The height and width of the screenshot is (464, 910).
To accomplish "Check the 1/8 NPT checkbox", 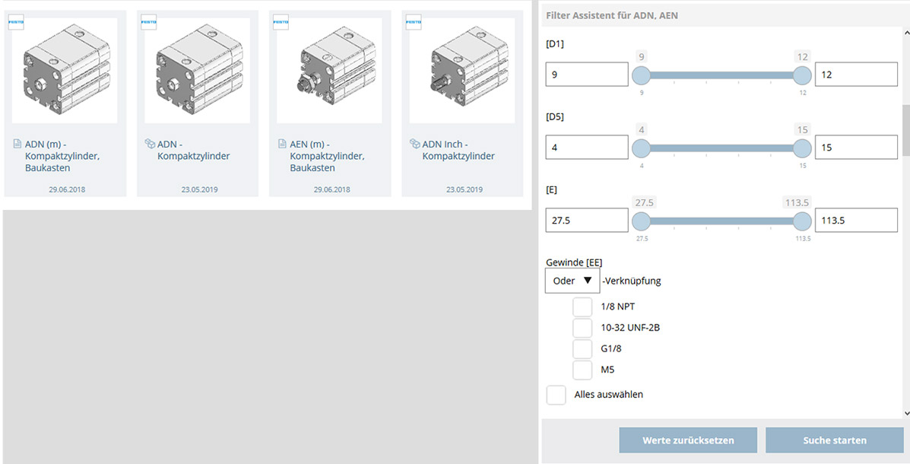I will pos(582,307).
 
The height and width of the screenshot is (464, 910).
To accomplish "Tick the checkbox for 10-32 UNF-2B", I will pos(582,328).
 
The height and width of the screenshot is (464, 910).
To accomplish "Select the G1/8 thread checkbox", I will pos(582,349).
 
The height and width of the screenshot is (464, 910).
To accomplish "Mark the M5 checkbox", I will pos(582,370).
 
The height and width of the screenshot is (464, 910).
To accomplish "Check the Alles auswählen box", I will pos(556,395).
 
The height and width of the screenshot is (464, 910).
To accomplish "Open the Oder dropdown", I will pos(572,281).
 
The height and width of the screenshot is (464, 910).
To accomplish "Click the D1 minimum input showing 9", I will pos(587,75).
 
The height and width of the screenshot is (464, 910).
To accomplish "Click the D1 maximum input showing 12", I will pos(856,75).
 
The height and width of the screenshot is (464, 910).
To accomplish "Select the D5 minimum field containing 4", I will pos(587,148).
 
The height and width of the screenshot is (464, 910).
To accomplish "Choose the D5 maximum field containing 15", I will pos(856,148).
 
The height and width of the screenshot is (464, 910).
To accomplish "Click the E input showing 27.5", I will pos(587,221).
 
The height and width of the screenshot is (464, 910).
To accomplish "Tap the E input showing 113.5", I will pos(856,221).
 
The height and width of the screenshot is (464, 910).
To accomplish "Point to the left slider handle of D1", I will pos(642,75).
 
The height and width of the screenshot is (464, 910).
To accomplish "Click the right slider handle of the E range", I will pos(802,221).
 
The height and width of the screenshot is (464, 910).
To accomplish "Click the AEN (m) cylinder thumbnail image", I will pos(329,71).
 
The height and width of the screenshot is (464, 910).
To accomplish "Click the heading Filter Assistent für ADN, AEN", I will pos(611,14).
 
